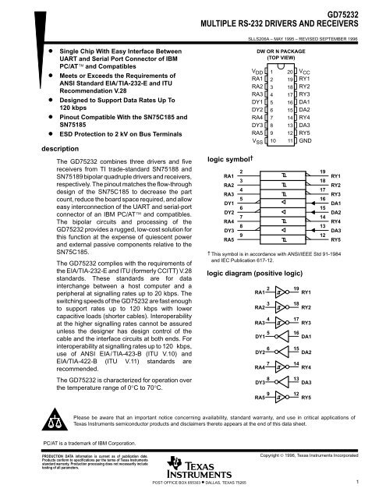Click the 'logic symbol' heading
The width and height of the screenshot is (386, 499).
[226, 159]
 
